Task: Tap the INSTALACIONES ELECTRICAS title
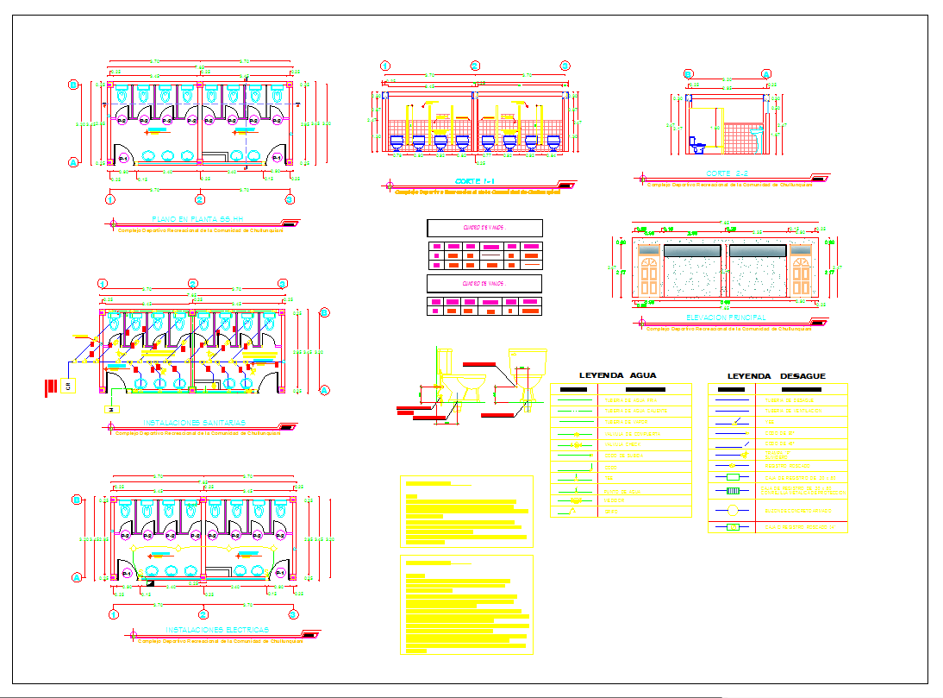point(217,630)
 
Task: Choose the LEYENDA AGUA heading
point(618,375)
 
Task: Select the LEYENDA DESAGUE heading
point(776,376)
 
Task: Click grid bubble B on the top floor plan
point(74,85)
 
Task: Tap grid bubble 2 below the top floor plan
point(200,199)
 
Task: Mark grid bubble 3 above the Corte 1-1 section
point(565,66)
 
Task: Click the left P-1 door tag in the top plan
point(123,159)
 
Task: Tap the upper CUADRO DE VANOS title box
point(484,228)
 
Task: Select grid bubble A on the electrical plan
point(76,577)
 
